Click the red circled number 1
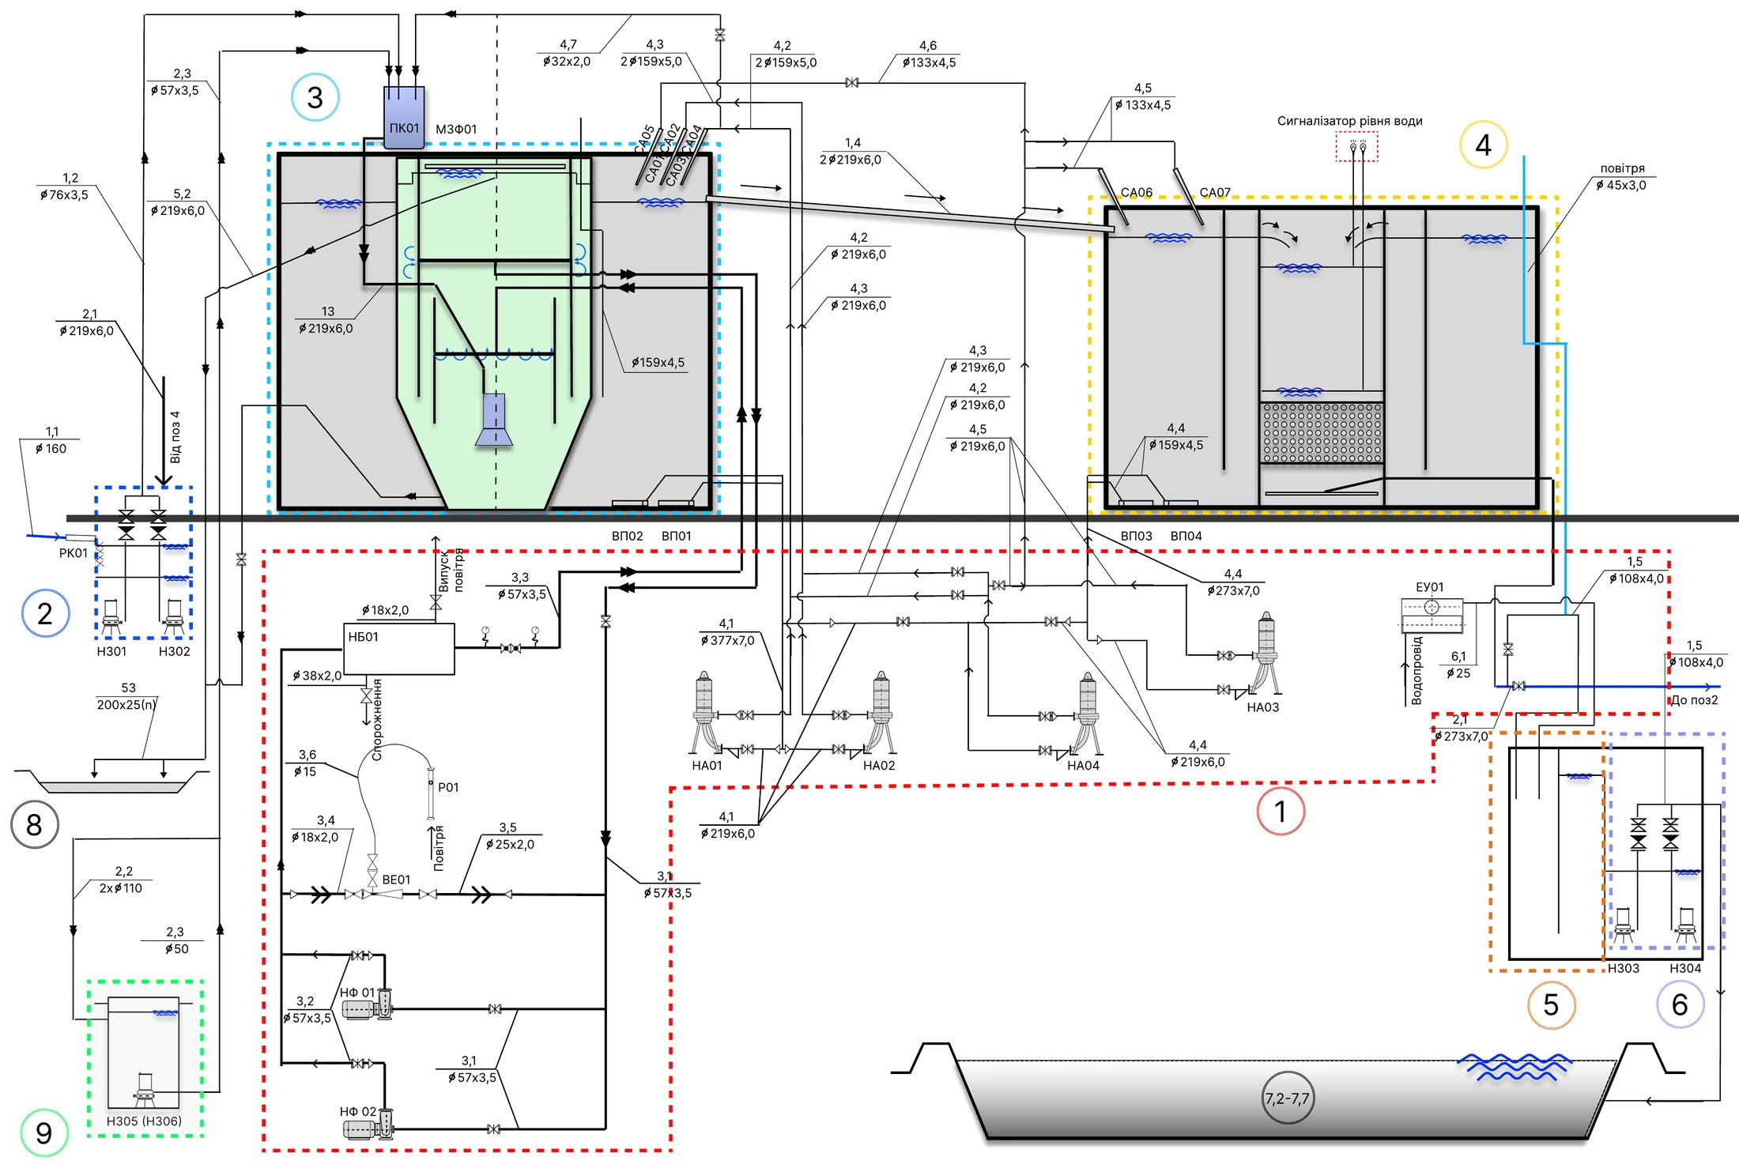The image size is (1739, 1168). [1281, 811]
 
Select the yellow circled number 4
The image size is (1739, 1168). [1483, 145]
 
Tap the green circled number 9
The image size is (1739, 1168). [44, 1133]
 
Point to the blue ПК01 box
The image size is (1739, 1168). [404, 117]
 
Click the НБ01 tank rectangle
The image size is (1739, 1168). [399, 649]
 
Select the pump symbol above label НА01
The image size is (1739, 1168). [705, 713]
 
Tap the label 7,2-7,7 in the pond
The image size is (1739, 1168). [1287, 1098]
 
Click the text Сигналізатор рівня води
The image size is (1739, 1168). [1349, 121]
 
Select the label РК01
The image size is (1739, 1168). [74, 553]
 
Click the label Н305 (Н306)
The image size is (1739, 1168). [144, 1121]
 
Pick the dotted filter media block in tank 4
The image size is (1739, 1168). [1322, 432]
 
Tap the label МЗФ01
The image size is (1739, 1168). [456, 129]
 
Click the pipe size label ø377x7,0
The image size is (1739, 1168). [727, 640]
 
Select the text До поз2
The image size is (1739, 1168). [1694, 700]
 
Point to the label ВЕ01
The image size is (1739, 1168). [396, 880]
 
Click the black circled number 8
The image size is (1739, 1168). [34, 825]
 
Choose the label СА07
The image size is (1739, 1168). [1215, 193]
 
